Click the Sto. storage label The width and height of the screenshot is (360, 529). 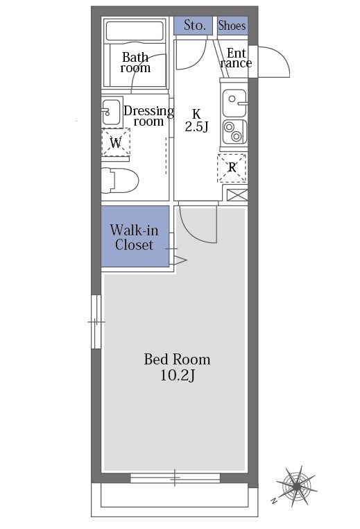click(194, 25)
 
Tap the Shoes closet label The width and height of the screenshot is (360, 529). click(232, 25)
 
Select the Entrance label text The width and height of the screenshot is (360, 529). click(236, 58)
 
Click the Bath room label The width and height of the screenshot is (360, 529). click(135, 62)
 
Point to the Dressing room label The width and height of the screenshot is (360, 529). click(148, 116)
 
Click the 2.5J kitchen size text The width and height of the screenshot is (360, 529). click(196, 126)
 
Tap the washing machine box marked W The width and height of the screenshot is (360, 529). click(116, 142)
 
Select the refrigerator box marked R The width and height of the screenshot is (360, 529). click(232, 168)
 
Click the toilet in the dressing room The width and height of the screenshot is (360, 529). click(120, 180)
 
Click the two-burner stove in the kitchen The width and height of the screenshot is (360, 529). click(234, 132)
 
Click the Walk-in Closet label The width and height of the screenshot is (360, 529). click(134, 237)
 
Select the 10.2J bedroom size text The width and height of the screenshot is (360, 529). click(178, 375)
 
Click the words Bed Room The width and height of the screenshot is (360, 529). click(177, 360)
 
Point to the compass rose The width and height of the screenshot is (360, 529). click(296, 486)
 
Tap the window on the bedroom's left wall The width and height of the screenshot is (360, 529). click(96, 322)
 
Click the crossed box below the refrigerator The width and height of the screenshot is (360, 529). click(237, 195)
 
